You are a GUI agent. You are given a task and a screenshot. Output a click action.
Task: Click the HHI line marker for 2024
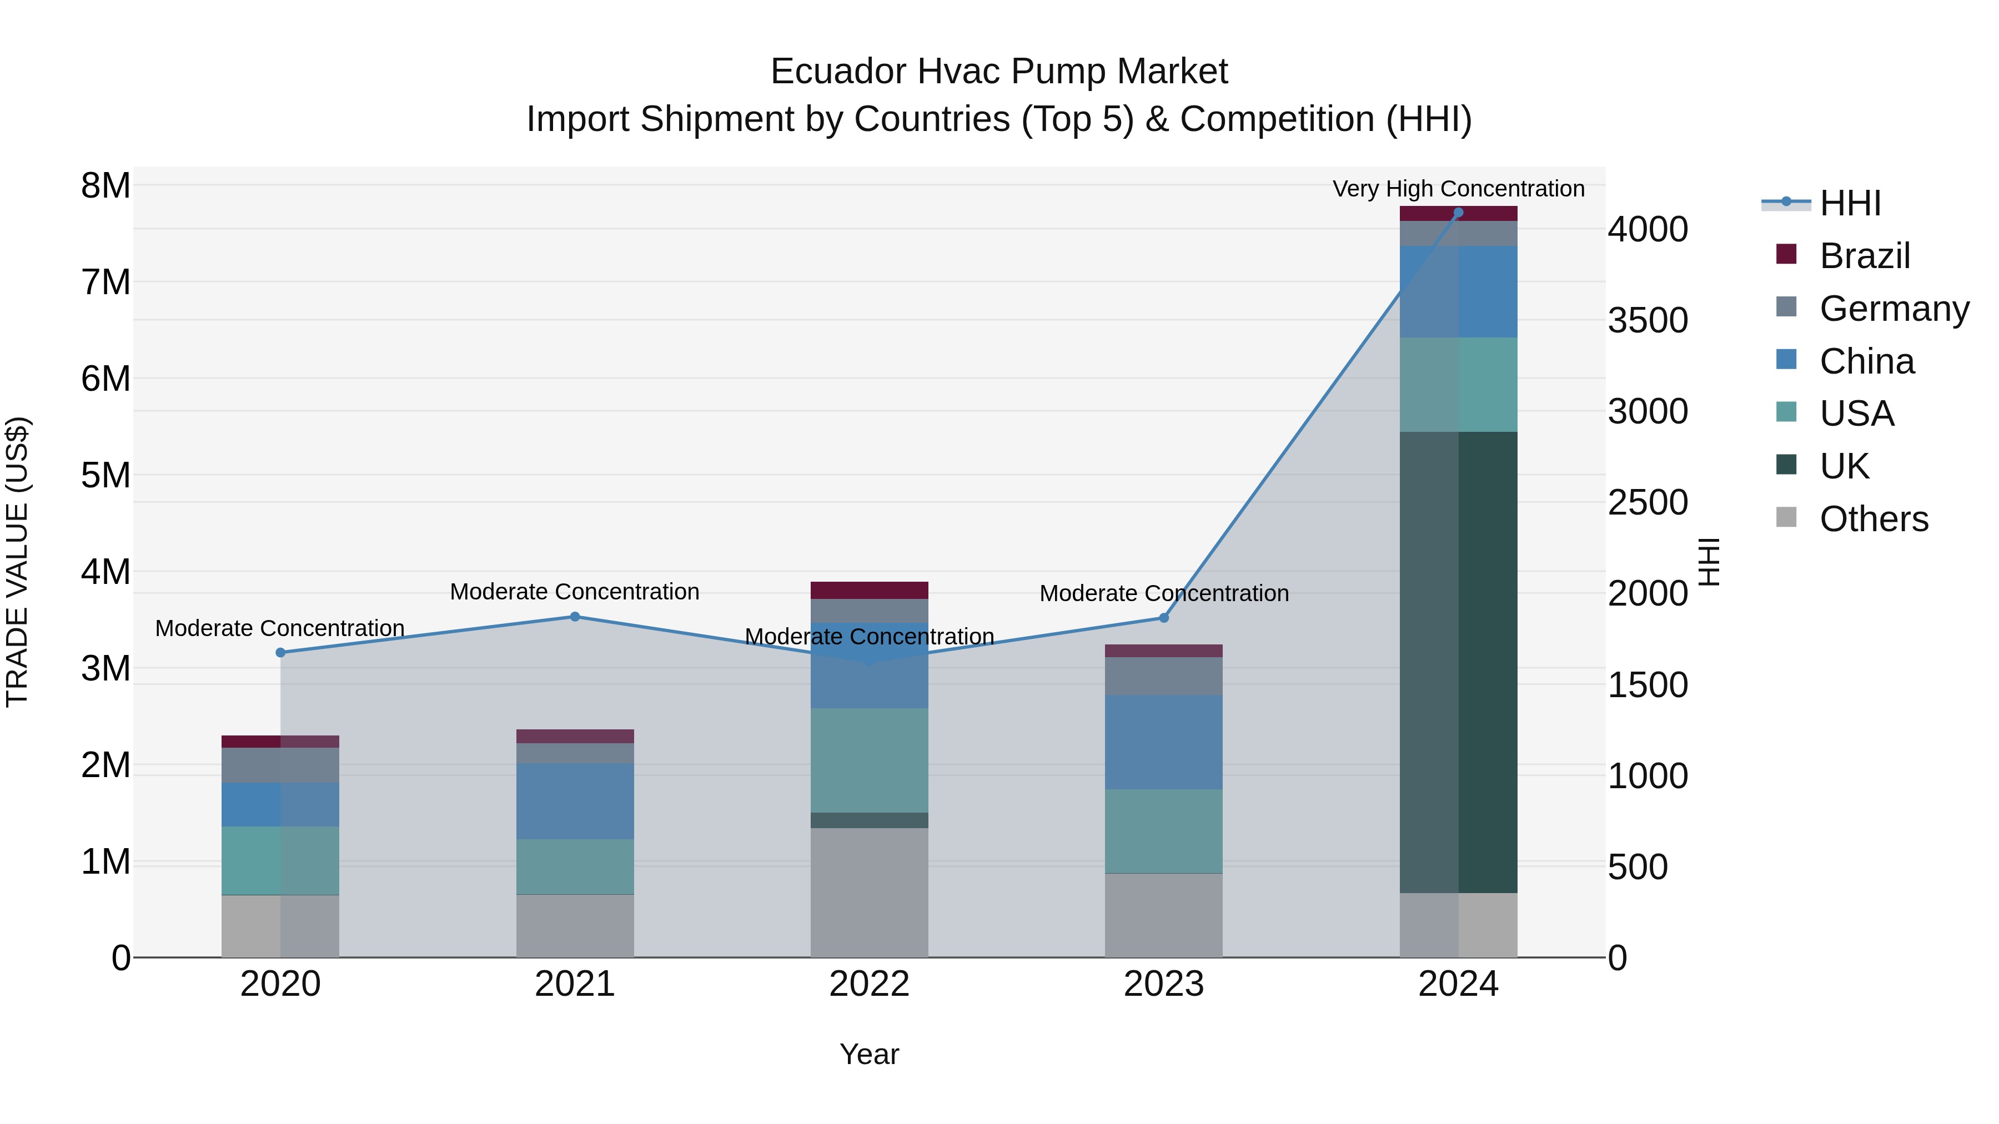pos(1458,213)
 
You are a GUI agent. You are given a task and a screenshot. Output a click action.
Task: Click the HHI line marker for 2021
pos(575,617)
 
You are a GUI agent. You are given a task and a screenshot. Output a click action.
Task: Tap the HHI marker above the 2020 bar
pos(281,652)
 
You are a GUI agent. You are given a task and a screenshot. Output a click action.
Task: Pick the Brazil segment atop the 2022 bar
pos(869,591)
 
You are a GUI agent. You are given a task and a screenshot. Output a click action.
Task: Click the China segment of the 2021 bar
pos(575,800)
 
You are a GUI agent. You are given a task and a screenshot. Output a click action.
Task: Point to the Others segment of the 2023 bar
pos(1163,915)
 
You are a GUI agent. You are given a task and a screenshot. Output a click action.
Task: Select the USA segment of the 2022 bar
pos(869,760)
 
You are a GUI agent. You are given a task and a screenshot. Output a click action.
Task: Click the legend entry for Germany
pos(1893,309)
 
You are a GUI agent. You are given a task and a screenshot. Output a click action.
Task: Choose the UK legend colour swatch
pos(1786,465)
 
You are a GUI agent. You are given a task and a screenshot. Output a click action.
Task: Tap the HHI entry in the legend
pos(1850,203)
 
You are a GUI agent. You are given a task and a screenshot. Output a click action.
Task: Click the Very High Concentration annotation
pos(1458,189)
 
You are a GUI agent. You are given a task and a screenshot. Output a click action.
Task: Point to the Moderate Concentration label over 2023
pos(1163,593)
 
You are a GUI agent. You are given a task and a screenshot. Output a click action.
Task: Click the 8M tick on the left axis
pos(106,186)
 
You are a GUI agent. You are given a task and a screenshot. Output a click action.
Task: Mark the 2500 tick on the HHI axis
pos(1648,503)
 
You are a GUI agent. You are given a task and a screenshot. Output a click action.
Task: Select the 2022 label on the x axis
pos(869,984)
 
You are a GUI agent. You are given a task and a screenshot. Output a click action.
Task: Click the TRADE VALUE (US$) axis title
pos(17,562)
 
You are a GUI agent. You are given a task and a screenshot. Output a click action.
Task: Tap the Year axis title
pos(869,1054)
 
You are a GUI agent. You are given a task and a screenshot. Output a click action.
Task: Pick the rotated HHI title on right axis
pos(1710,562)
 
